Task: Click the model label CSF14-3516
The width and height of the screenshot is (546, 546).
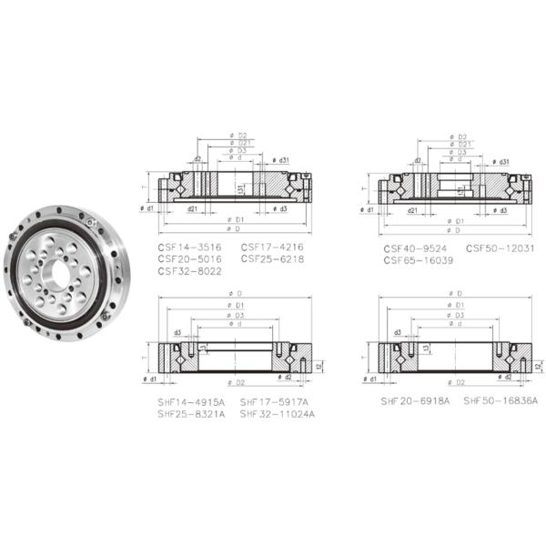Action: (189, 247)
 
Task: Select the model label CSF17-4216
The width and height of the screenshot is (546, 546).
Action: (272, 247)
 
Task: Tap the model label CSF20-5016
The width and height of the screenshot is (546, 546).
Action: (189, 258)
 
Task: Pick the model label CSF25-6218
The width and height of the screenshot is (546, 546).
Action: (272, 258)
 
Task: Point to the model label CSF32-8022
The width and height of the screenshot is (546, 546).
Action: (189, 270)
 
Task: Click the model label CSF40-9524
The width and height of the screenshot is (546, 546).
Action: (414, 248)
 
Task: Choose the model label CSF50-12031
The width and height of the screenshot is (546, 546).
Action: (500, 248)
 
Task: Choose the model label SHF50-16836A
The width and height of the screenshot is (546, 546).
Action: (500, 400)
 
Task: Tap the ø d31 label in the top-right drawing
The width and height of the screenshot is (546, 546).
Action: (498, 161)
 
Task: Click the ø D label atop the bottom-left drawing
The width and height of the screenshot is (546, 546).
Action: (239, 293)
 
